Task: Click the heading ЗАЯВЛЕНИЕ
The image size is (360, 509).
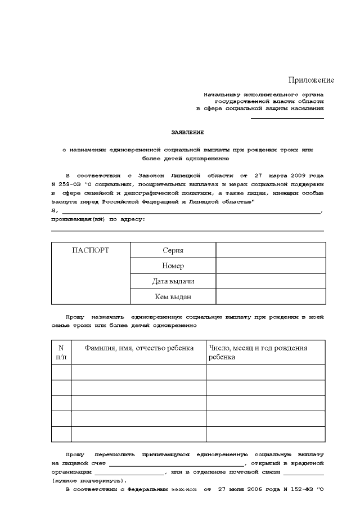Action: coord(187,133)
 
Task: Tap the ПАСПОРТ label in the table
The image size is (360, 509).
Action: coord(91,250)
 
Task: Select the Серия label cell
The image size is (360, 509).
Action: coord(173,250)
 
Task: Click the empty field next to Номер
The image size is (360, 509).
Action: coord(270,265)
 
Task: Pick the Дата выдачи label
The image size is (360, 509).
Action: coord(173,281)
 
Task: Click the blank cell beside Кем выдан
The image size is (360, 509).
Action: coord(270,296)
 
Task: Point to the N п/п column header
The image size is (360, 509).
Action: coord(61,352)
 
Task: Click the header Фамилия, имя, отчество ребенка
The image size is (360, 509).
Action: coord(138,348)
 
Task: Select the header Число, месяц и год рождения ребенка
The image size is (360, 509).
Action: coord(258,352)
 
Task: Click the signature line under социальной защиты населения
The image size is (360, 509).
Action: coord(287,118)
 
